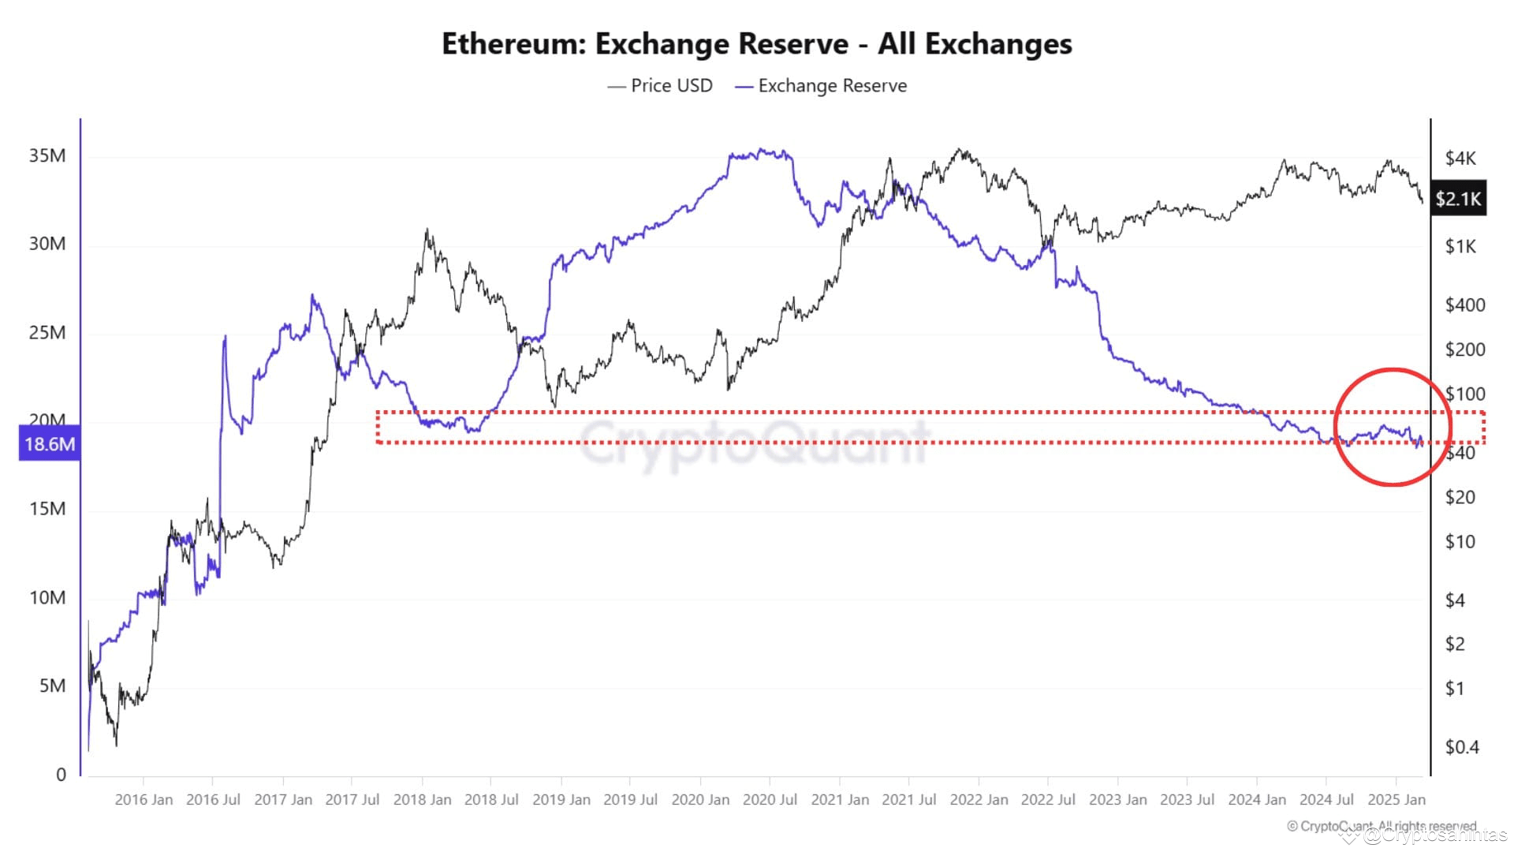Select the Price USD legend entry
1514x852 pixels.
click(670, 86)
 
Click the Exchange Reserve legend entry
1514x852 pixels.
click(831, 86)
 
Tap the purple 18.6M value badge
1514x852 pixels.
click(50, 444)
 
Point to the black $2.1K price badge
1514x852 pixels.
click(1458, 199)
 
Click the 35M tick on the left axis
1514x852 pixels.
click(47, 155)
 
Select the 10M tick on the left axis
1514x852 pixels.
click(47, 597)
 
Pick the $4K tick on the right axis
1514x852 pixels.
click(1460, 159)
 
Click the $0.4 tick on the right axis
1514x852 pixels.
click(1461, 747)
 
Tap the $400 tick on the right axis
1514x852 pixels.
click(1464, 305)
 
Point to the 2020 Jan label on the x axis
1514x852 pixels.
click(700, 800)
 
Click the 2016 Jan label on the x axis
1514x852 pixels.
click(144, 800)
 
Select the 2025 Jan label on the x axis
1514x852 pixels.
click(1396, 800)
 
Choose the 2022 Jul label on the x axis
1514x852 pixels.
click(1048, 800)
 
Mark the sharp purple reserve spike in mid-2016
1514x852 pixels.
click(225, 338)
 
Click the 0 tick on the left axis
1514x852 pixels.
click(61, 774)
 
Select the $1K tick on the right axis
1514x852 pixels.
click(1460, 247)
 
